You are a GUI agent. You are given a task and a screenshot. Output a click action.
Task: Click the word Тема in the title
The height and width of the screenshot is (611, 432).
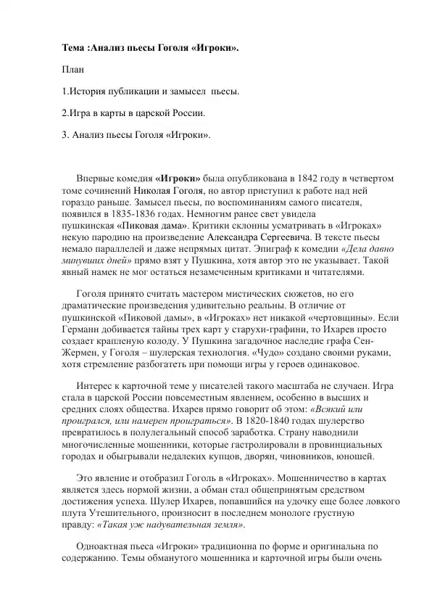point(73,48)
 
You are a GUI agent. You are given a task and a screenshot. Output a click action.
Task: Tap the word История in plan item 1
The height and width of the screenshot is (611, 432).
point(90,91)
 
